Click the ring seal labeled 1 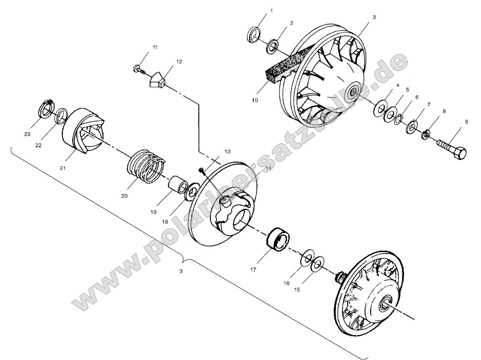[253, 35]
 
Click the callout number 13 [228, 151]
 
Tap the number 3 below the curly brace [181, 271]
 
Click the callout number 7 [429, 104]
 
